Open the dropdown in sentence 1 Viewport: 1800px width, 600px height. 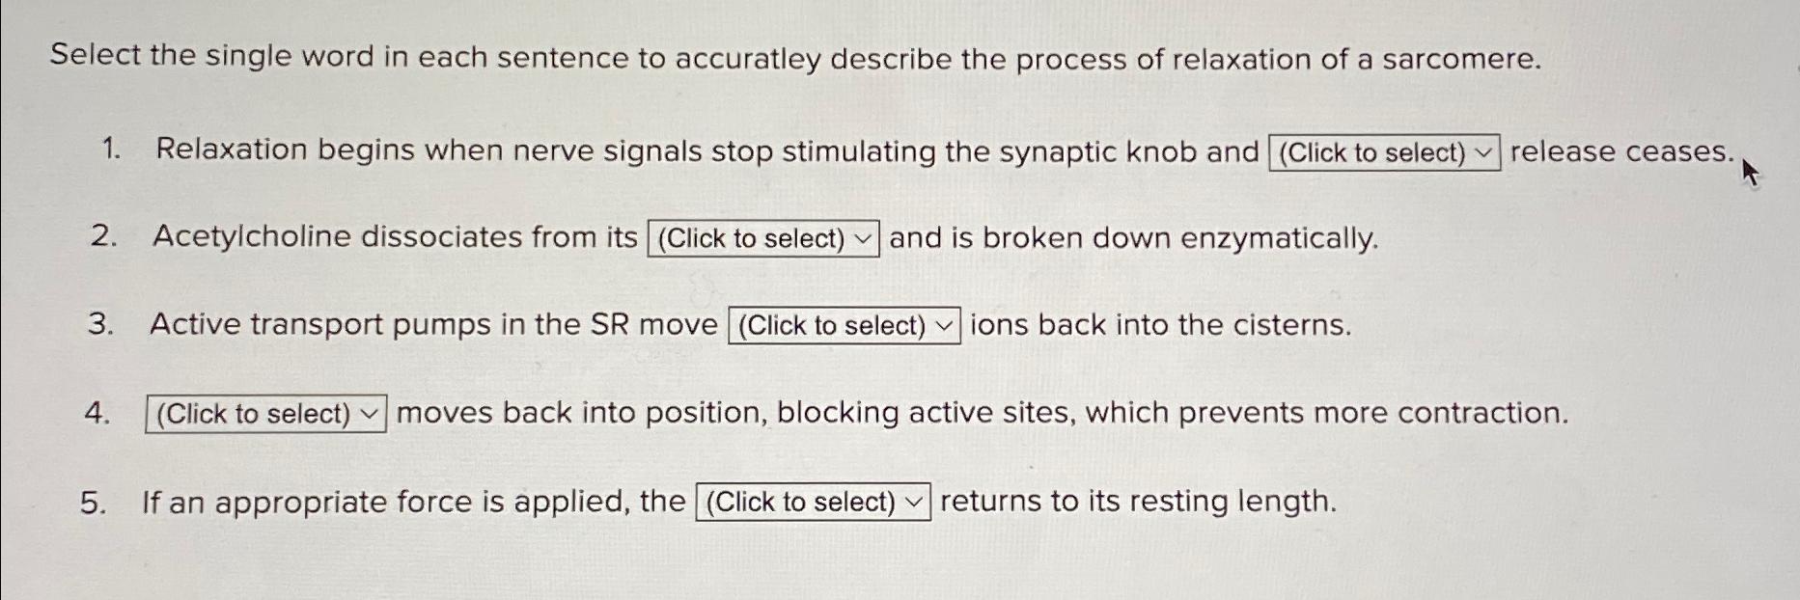(x=1384, y=152)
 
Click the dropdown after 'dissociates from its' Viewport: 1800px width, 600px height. (x=762, y=238)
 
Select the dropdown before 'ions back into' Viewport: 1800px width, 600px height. (x=844, y=325)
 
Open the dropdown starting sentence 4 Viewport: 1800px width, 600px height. (x=265, y=414)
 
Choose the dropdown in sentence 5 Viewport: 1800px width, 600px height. (x=813, y=502)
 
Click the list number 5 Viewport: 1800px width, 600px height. (x=93, y=503)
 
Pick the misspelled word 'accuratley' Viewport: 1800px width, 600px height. (x=747, y=60)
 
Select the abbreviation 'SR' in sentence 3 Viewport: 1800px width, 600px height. (x=609, y=325)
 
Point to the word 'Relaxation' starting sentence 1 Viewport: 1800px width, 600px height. (x=231, y=150)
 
